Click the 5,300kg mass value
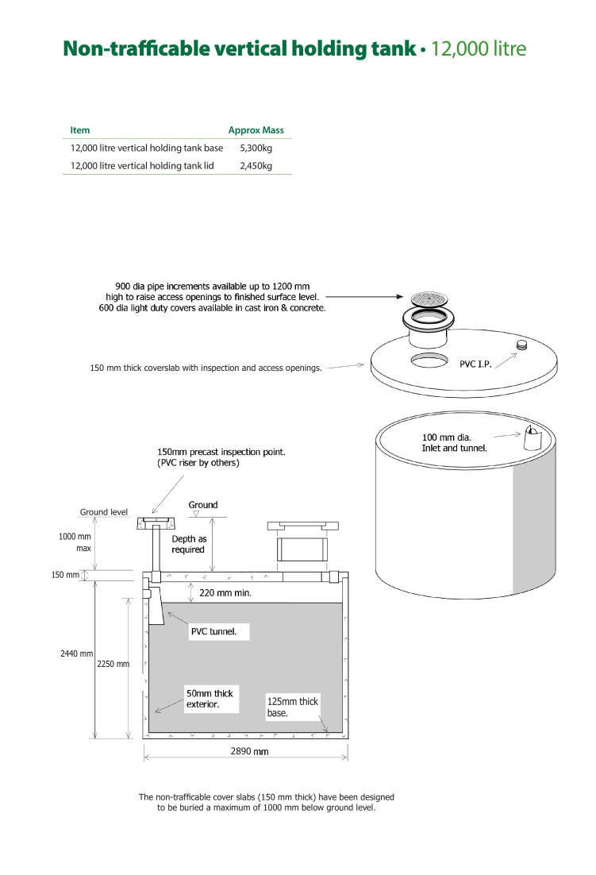point(256,148)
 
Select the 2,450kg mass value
point(256,166)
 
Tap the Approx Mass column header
point(256,130)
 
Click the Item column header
point(79,130)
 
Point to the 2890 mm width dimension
point(249,751)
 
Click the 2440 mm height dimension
point(76,653)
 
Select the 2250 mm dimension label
point(113,664)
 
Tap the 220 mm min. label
point(225,592)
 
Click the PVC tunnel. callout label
point(214,632)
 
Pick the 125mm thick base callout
point(293,707)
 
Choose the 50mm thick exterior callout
point(210,699)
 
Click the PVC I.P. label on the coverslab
point(475,364)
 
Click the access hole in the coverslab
point(429,360)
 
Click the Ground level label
point(104,511)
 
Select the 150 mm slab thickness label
point(65,575)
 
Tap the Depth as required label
point(189,544)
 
